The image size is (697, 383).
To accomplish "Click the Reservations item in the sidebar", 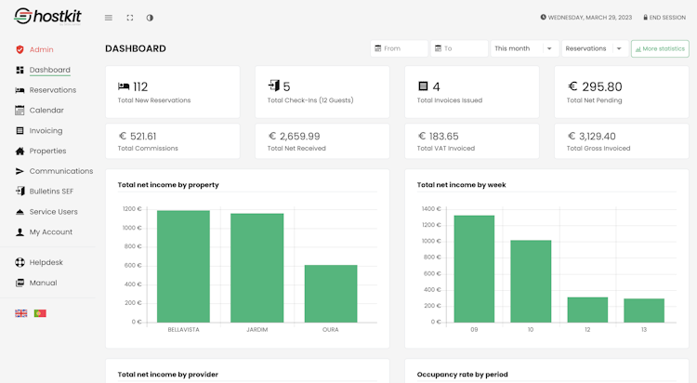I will pos(52,90).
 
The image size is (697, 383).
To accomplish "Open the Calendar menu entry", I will pos(46,111).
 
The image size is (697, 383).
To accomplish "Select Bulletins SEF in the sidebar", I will pos(51,191).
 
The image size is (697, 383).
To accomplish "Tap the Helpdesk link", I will pos(45,262).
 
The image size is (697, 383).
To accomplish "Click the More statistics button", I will pos(660,48).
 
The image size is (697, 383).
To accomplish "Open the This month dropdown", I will pos(524,48).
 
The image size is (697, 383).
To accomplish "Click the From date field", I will pos(400,48).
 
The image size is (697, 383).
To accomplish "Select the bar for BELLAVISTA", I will pos(183,266).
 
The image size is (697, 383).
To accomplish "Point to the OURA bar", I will pos(331,294).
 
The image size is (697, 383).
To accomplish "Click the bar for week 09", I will pos(474,269).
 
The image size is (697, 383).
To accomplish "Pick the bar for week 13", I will pos(644,310).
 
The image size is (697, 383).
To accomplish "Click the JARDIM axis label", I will pos(257,329).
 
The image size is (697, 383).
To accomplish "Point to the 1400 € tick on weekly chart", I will pos(430,209).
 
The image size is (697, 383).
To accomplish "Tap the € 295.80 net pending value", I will pos(595,87).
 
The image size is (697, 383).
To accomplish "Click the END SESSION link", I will pos(664,17).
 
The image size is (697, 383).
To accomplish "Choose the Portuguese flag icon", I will pos(40,313).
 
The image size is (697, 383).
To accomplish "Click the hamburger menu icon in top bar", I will pos(109,18).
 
